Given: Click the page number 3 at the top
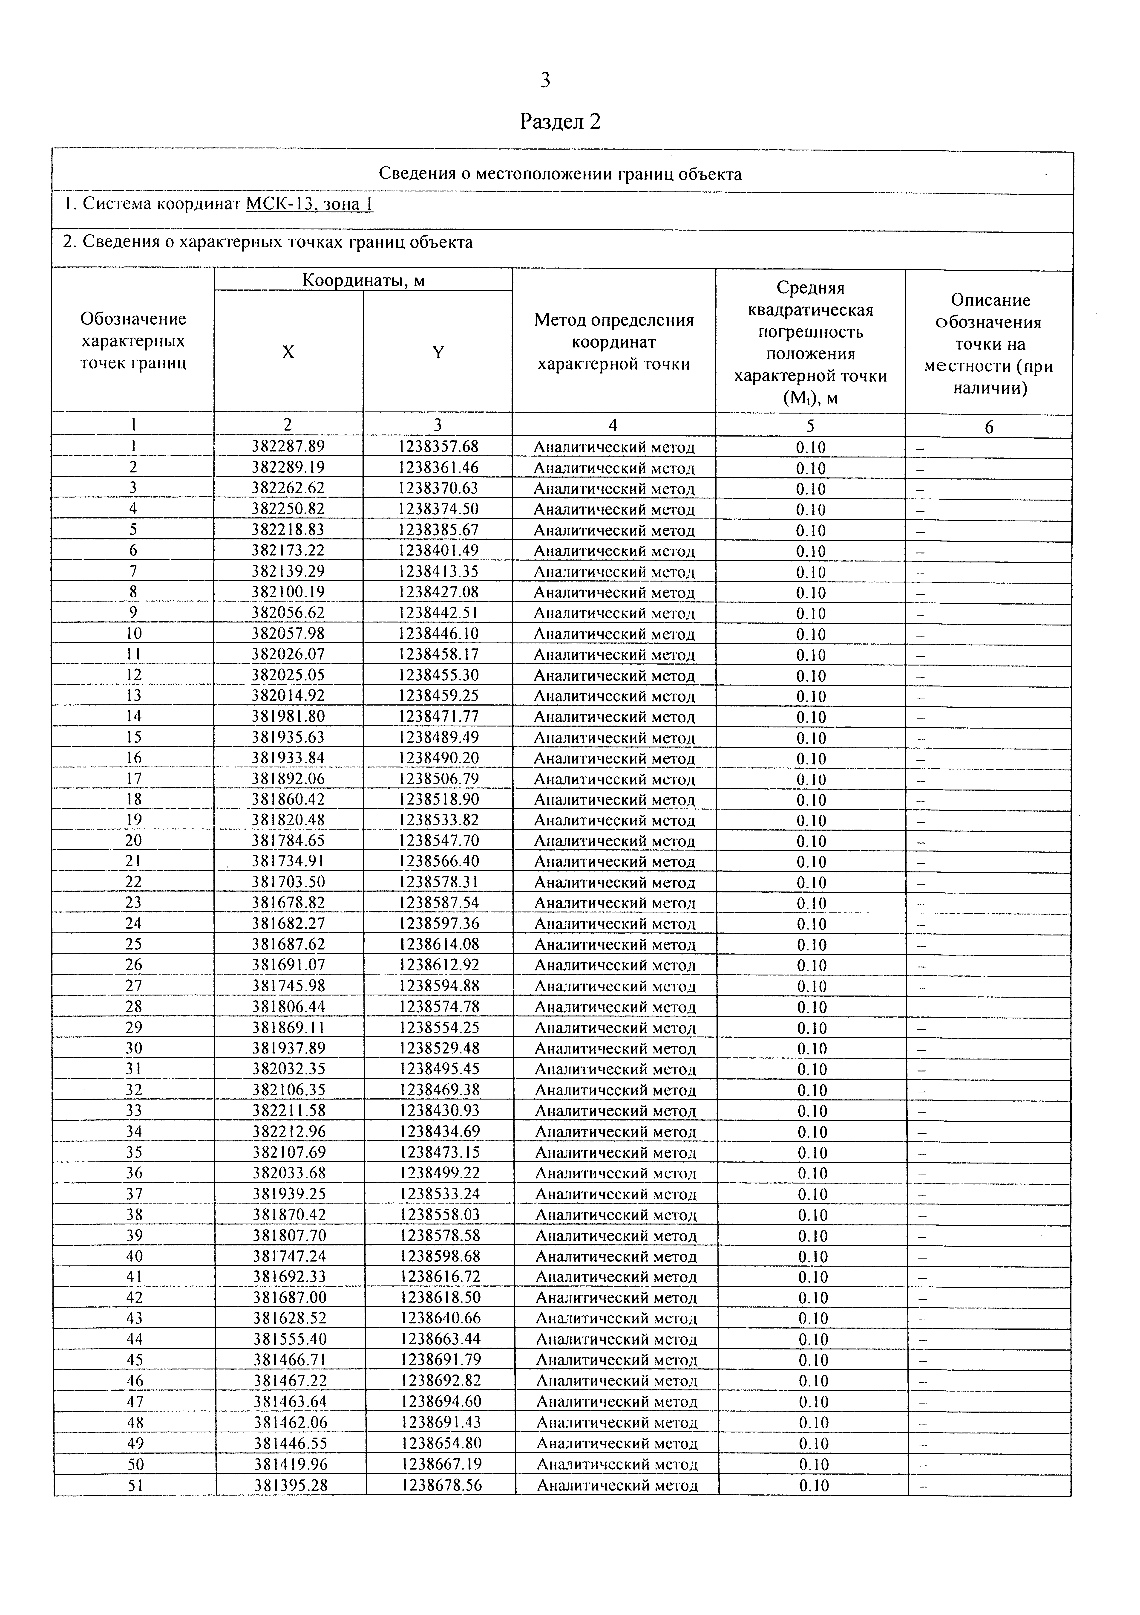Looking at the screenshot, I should point(545,81).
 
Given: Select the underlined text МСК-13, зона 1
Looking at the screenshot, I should point(309,205).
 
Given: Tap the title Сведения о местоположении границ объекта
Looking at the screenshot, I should point(561,174).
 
